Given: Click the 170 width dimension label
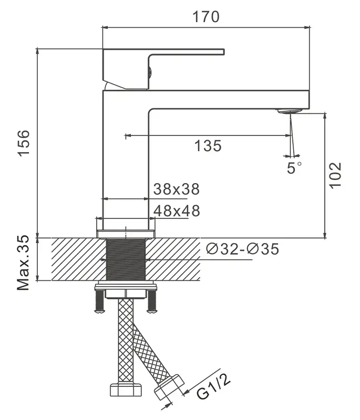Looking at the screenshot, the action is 204,16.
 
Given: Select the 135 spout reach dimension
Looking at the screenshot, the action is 208,146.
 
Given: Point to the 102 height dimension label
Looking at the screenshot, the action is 335,174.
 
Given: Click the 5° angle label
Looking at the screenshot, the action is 294,168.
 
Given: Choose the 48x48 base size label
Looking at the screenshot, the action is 176,211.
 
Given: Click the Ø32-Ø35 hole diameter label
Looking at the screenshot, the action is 242,249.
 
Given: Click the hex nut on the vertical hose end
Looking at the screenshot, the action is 126,391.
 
